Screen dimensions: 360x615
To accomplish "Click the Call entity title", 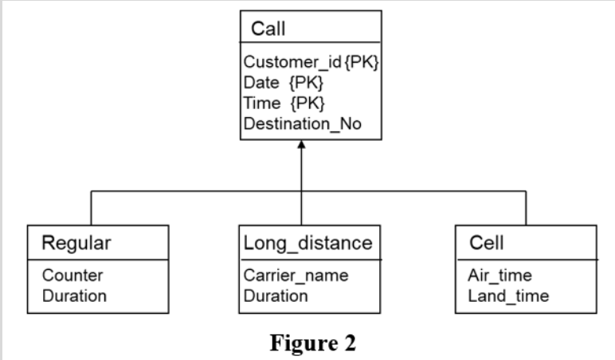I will coord(268,29).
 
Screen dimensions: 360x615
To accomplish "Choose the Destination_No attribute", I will coord(302,123).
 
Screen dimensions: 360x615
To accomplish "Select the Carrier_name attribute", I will coord(296,276).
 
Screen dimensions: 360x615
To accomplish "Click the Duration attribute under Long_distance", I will coord(276,295).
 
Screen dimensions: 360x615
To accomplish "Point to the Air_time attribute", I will coord(499,276).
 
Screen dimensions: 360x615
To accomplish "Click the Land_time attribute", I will coord(507,295).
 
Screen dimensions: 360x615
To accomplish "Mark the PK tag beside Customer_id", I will coord(362,62).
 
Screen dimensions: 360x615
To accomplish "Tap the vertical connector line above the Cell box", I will coord(526,208).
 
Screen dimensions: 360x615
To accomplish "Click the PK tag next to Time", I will coord(308,103).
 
